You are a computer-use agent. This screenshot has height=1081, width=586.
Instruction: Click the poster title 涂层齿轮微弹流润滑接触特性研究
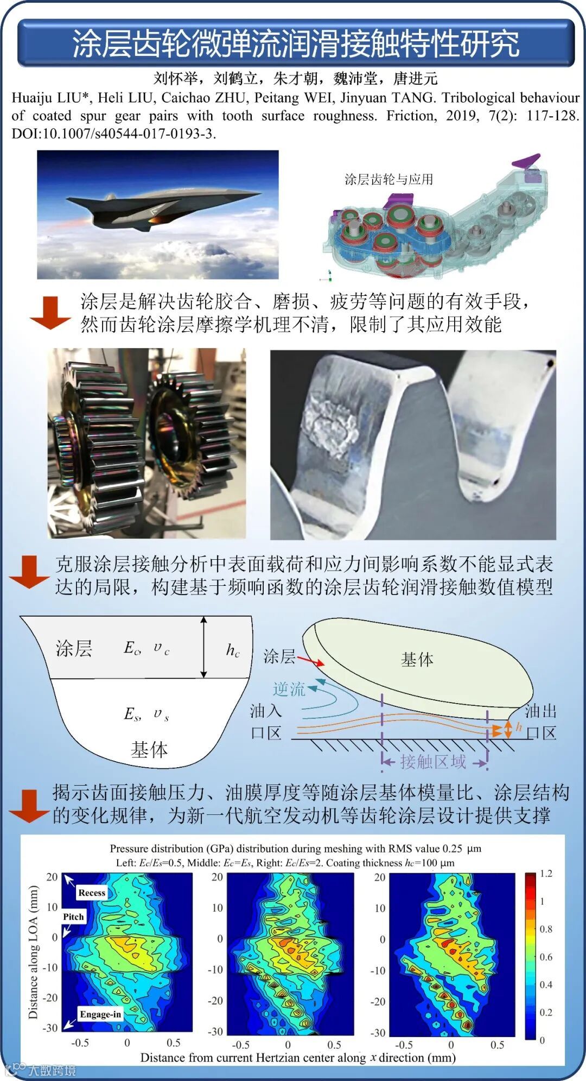tap(296, 44)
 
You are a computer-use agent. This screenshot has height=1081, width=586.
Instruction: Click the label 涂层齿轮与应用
tap(388, 179)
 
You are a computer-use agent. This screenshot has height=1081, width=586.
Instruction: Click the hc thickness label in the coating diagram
tap(233, 650)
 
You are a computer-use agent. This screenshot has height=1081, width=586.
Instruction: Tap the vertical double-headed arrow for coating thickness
tap(203, 647)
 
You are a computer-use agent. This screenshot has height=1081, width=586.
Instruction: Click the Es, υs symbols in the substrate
tap(146, 713)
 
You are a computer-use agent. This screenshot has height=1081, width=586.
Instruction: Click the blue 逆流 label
tap(289, 689)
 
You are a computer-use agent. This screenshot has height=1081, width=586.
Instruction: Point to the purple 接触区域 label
tap(433, 762)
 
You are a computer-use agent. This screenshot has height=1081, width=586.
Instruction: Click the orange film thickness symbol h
tap(519, 726)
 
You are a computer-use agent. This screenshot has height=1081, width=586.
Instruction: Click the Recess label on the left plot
tap(92, 893)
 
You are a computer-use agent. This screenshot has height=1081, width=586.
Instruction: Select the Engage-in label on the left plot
tap(100, 1014)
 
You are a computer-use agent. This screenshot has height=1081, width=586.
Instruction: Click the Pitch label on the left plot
tap(73, 916)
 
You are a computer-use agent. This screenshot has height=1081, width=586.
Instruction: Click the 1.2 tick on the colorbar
tap(546, 873)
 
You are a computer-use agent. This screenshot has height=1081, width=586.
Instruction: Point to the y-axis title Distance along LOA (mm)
tap(34, 952)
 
